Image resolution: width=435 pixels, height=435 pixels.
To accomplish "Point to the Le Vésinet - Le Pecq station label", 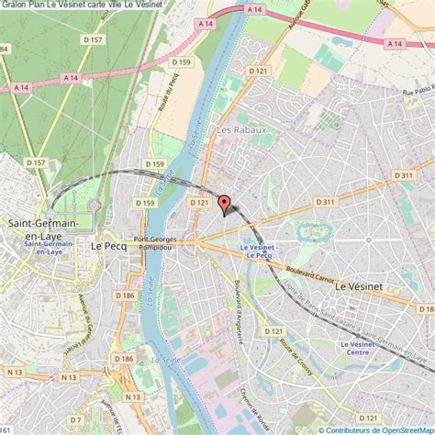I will [258, 251].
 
